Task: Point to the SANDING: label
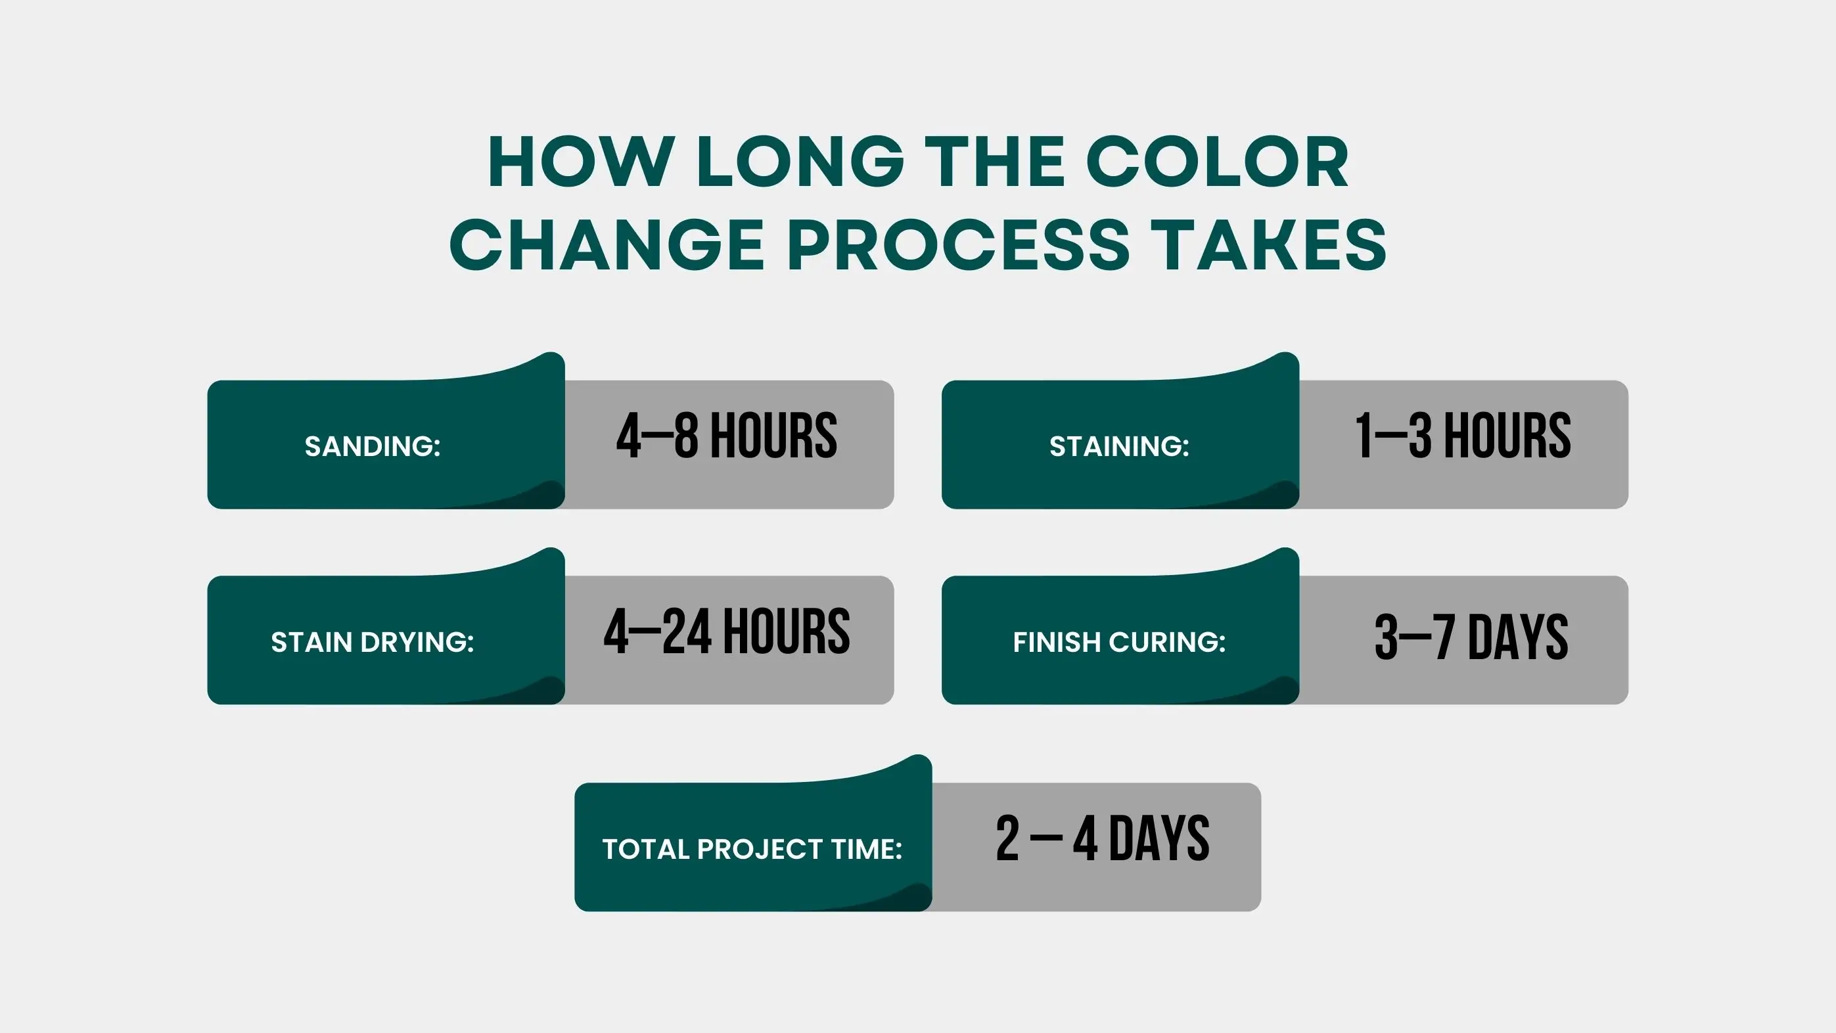pyautogui.click(x=373, y=446)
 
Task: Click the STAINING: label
pyautogui.click(x=1119, y=446)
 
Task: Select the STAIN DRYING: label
pyautogui.click(x=373, y=642)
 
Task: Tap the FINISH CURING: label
pyautogui.click(x=1119, y=642)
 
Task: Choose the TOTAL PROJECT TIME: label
pyautogui.click(x=752, y=849)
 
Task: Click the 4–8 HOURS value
pyautogui.click(x=727, y=435)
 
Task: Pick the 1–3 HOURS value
pyautogui.click(x=1463, y=435)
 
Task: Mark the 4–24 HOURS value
pyautogui.click(x=727, y=631)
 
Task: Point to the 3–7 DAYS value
pyautogui.click(x=1471, y=637)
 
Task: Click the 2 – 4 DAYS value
pyautogui.click(x=1103, y=838)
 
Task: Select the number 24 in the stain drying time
pyautogui.click(x=686, y=631)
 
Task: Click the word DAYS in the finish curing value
pyautogui.click(x=1517, y=637)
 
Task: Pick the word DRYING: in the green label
pyautogui.click(x=417, y=642)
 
